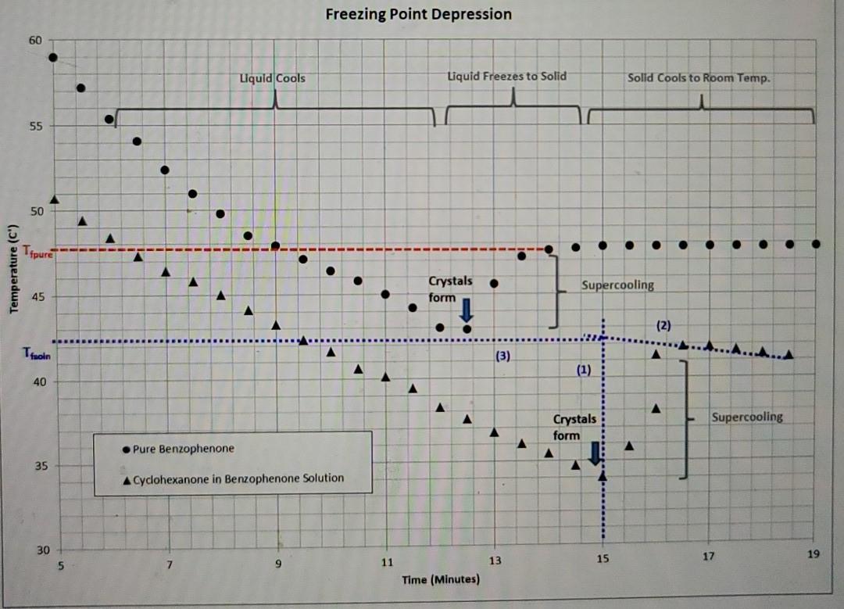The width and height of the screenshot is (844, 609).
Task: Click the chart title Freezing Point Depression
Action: click(x=418, y=14)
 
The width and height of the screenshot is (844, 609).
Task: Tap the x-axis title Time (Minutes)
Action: click(x=441, y=580)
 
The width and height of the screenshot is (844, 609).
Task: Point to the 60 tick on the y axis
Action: click(x=36, y=40)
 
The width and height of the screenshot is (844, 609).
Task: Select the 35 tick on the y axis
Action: click(x=36, y=467)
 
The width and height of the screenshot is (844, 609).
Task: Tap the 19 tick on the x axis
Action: click(x=814, y=554)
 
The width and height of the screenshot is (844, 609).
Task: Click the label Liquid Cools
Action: click(x=272, y=78)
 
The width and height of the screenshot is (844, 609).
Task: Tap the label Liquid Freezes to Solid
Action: click(x=506, y=76)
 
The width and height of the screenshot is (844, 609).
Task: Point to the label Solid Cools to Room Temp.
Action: click(x=699, y=78)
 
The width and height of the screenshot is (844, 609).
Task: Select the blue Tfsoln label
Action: click(x=38, y=356)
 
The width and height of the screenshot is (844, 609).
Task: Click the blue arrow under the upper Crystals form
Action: click(x=467, y=310)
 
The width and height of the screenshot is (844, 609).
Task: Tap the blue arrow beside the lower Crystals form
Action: click(x=594, y=453)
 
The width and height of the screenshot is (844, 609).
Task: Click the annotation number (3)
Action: click(x=502, y=356)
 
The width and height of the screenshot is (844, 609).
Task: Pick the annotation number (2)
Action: click(x=663, y=324)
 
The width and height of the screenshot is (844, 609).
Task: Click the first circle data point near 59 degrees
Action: click(x=53, y=57)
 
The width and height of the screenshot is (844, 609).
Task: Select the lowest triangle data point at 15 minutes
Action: click(x=602, y=475)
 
